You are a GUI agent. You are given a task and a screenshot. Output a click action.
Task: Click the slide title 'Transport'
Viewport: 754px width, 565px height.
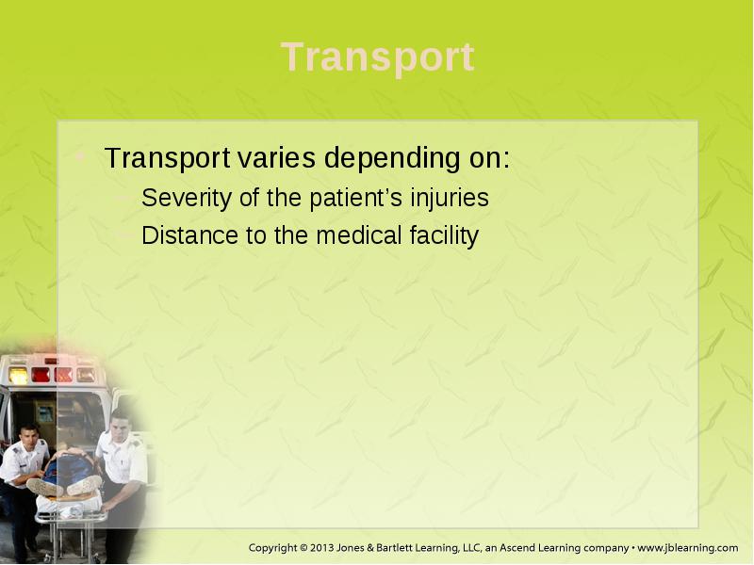coord(378,57)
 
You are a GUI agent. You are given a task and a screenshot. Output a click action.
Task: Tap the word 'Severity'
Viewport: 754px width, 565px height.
coord(187,198)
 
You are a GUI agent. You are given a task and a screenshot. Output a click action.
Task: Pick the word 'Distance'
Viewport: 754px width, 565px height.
coord(190,234)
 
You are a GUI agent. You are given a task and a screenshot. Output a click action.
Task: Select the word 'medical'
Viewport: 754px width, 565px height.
coord(359,234)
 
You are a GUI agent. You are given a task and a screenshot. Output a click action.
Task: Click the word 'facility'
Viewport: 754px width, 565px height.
coord(444,236)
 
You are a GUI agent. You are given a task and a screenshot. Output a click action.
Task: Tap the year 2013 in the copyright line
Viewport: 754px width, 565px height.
coord(322,548)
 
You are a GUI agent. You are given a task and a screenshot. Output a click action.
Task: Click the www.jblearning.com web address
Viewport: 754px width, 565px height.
coord(688,548)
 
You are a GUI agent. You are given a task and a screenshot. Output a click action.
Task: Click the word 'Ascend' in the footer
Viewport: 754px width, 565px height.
coord(516,548)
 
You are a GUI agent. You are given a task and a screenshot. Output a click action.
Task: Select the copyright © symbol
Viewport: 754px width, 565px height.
coord(303,548)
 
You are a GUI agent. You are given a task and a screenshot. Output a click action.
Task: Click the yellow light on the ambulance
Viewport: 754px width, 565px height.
coord(18,375)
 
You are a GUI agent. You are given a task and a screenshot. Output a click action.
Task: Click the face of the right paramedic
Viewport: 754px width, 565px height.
coord(119,425)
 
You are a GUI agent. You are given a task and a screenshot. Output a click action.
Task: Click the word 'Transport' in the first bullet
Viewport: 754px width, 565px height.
coord(167,158)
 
